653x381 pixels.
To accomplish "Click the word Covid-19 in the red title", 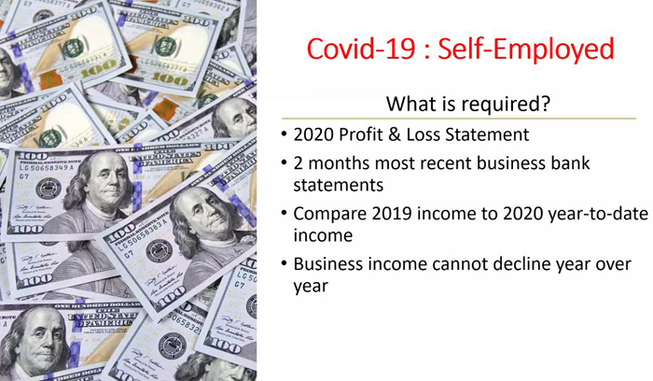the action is (361, 49).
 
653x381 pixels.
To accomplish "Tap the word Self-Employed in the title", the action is (526, 49).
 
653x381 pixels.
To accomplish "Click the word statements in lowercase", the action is (338, 186).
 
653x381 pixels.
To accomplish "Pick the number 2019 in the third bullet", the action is (392, 214).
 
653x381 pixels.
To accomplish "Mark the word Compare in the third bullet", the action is (330, 215).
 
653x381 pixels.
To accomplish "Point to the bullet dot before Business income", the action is (284, 264).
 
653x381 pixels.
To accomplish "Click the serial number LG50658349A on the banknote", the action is (47, 167).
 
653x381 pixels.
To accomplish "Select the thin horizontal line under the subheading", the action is (459, 119).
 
